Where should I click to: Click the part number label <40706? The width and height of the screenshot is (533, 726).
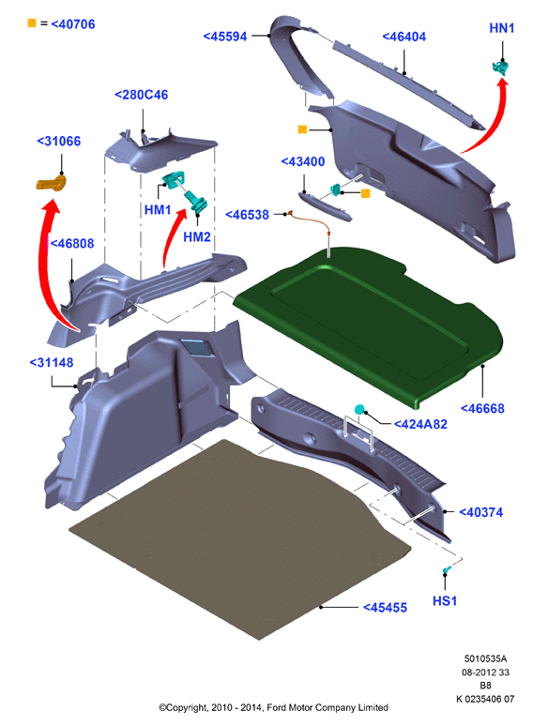[x=73, y=24]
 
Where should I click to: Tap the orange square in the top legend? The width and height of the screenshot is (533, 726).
[x=32, y=23]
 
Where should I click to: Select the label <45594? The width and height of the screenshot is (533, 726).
[x=225, y=37]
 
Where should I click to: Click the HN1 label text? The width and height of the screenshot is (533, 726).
[x=502, y=28]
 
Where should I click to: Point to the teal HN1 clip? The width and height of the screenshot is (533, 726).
[x=500, y=68]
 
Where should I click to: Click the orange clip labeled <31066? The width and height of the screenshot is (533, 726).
[x=52, y=182]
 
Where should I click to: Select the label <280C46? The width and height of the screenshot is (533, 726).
[x=142, y=95]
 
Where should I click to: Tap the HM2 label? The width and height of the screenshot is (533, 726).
[x=197, y=237]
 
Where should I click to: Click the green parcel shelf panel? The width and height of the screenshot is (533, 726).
[x=368, y=325]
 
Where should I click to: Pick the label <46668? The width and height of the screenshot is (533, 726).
[x=482, y=408]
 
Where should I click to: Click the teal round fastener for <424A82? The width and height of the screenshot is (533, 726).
[x=359, y=409]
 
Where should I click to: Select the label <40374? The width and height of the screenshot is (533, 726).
[x=480, y=512]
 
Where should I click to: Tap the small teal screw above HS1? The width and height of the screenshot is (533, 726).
[x=447, y=569]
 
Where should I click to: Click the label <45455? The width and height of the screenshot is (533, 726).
[x=385, y=608]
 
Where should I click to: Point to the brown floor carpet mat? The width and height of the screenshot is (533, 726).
[x=240, y=539]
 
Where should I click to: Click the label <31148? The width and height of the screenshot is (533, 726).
[x=52, y=363]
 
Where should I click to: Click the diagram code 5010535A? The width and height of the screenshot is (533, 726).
[x=485, y=658]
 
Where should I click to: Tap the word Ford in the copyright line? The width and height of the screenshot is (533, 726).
[x=277, y=707]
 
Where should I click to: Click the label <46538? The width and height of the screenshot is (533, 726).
[x=247, y=215]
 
